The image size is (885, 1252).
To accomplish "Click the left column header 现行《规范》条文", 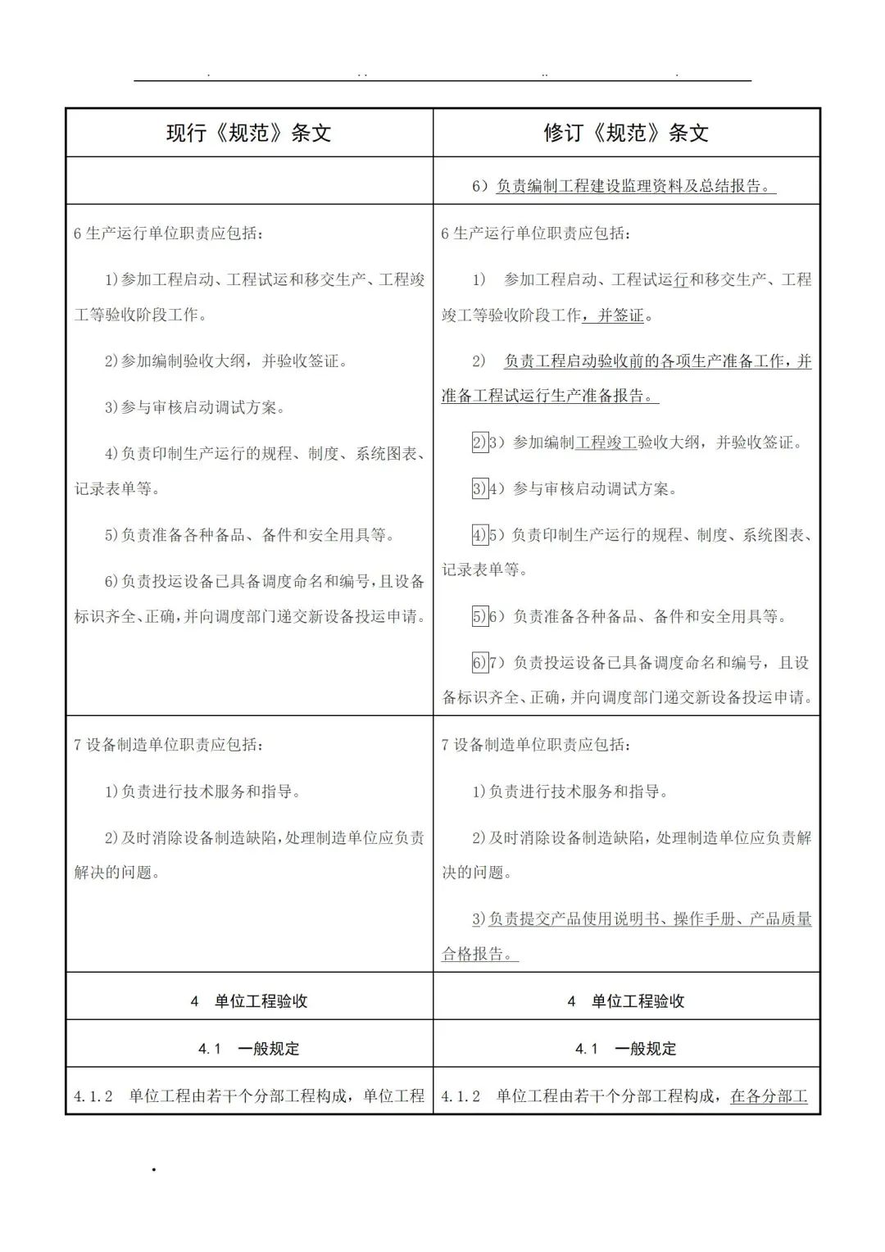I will tap(248, 133).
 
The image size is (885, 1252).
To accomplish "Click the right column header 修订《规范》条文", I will tap(626, 133).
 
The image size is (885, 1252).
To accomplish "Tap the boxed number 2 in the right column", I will tap(479, 442).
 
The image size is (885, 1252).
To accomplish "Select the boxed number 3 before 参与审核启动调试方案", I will tap(479, 489).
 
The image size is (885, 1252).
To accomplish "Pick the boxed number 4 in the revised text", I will tap(479, 536).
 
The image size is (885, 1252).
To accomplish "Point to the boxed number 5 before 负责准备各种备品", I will tap(479, 616).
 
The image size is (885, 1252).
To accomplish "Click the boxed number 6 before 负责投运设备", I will tap(479, 663).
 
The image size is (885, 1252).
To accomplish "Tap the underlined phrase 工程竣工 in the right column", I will tap(606, 442).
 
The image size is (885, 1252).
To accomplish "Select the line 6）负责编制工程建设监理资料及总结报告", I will tap(624, 186).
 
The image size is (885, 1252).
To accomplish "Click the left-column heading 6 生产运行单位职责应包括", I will tap(169, 234).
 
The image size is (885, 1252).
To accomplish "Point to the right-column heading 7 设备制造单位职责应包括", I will tap(536, 745).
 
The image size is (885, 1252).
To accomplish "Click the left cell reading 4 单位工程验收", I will tap(249, 1000).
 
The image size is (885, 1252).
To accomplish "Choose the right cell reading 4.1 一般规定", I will tap(626, 1048).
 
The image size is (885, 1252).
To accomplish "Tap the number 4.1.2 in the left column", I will tap(93, 1095).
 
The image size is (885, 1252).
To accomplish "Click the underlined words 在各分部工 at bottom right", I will tap(769, 1095).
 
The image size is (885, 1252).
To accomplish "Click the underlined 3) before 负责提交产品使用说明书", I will tap(479, 919).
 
